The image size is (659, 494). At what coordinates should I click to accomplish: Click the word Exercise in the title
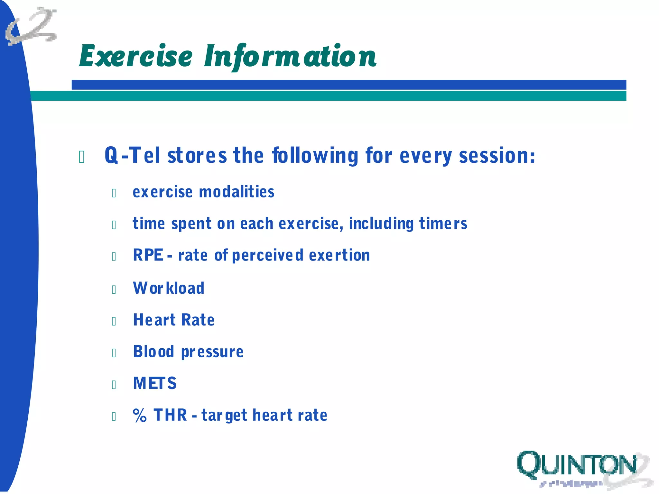click(x=135, y=56)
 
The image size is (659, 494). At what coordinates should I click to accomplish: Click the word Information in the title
click(x=290, y=57)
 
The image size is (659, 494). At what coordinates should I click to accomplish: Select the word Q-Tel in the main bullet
click(x=132, y=156)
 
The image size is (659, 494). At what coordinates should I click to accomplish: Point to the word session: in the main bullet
click(x=497, y=156)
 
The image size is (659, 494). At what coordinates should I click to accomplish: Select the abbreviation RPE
click(x=148, y=255)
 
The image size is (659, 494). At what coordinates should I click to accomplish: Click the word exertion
click(x=339, y=255)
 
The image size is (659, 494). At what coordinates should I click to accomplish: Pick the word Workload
click(x=169, y=288)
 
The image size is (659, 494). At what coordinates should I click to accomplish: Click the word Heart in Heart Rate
click(x=154, y=320)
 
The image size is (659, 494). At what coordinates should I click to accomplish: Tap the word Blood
click(x=153, y=352)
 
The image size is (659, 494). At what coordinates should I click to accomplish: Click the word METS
click(x=155, y=383)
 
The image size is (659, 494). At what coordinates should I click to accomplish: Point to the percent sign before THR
click(x=140, y=416)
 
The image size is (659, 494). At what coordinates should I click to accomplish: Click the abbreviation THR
click(x=170, y=415)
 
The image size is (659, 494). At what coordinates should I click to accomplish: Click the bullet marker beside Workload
click(x=114, y=289)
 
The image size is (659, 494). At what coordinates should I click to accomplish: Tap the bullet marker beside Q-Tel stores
click(x=82, y=157)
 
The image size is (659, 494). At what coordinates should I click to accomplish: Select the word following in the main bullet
click(x=315, y=156)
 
